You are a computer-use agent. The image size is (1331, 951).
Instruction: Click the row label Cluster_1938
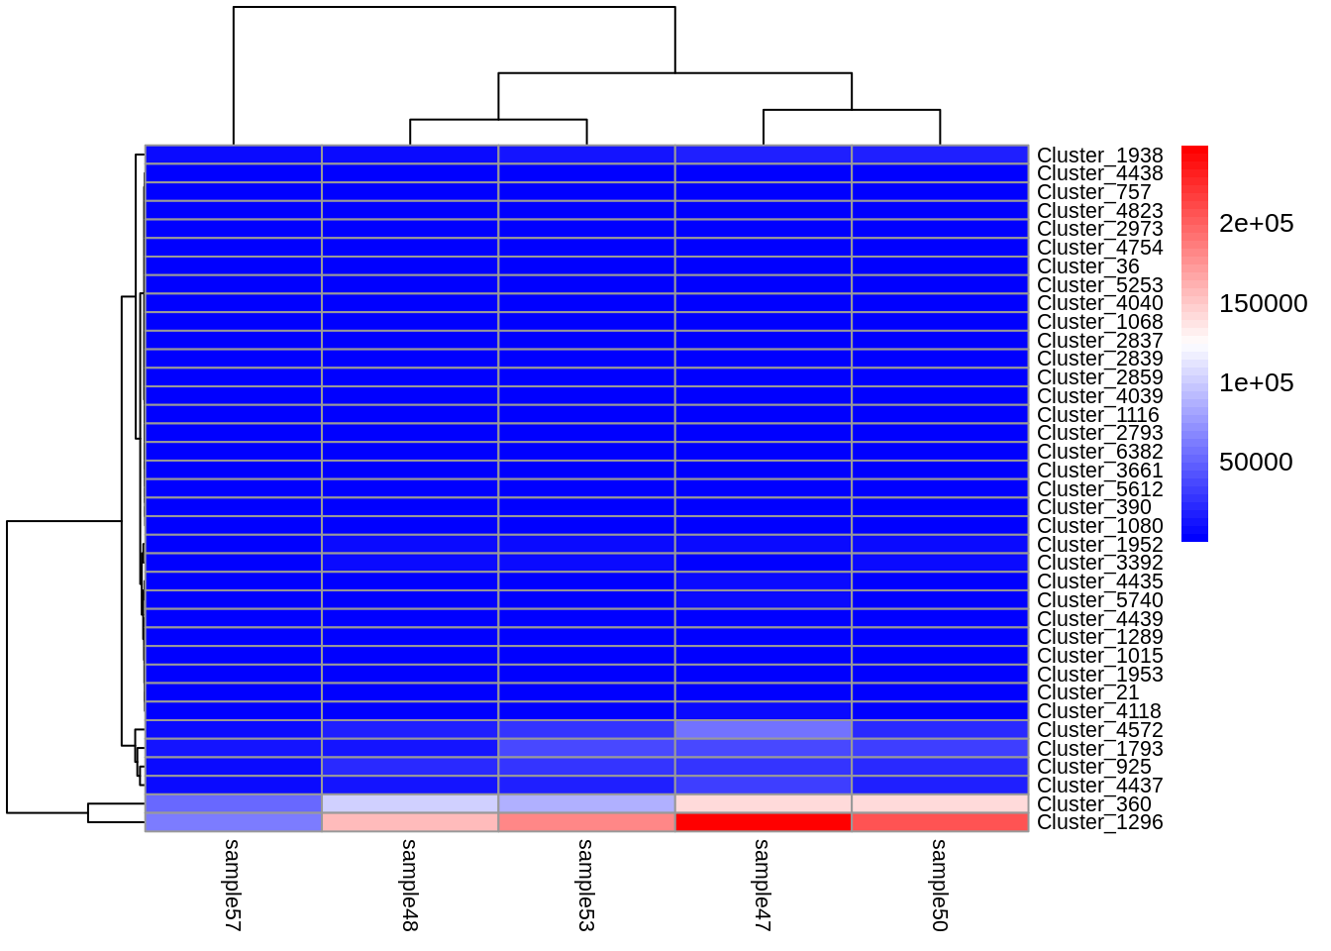(x=1099, y=156)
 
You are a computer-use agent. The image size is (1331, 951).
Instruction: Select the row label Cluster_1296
(x=1099, y=822)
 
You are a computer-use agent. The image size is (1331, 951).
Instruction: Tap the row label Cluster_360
(x=1093, y=804)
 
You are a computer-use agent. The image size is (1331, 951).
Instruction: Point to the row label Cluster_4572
(x=1099, y=730)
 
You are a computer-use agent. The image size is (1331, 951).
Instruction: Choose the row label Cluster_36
(x=1087, y=266)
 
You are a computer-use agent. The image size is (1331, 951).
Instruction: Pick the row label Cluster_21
(x=1087, y=692)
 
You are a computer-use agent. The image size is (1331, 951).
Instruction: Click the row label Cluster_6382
(x=1099, y=452)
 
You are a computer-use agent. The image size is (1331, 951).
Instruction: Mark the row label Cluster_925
(x=1093, y=767)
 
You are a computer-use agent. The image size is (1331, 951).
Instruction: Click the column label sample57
(x=233, y=885)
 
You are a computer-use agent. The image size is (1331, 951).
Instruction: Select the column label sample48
(x=409, y=885)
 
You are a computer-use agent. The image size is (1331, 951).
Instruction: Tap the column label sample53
(x=586, y=885)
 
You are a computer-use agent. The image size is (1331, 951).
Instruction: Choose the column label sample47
(x=763, y=885)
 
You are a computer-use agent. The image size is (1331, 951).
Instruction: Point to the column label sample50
(x=940, y=885)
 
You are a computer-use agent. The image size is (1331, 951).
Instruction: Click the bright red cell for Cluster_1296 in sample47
(x=763, y=822)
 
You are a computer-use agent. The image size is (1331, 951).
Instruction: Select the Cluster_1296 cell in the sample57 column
(x=233, y=822)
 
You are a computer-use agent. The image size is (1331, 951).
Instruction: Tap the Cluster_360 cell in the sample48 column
(x=409, y=803)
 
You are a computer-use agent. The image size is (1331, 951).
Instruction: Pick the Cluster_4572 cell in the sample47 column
(x=763, y=730)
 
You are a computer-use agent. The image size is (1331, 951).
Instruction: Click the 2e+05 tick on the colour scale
(x=1256, y=224)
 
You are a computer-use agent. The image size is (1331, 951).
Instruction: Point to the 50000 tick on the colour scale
(x=1256, y=462)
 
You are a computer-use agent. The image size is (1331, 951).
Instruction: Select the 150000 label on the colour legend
(x=1263, y=303)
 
